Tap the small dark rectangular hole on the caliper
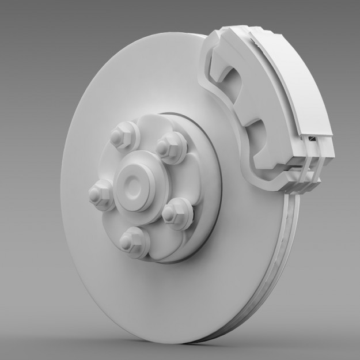pos(312,139)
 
